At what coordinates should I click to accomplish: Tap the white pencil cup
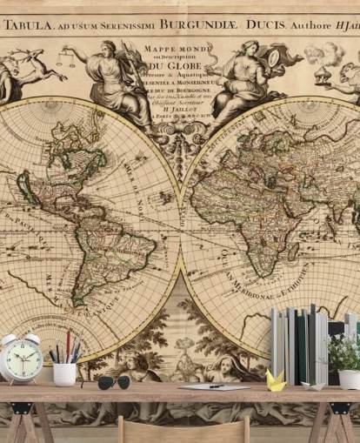(x=64, y=373)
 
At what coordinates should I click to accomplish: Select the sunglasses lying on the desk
(x=113, y=382)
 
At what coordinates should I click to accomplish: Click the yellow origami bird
(x=276, y=379)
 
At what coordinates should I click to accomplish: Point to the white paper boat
(x=313, y=383)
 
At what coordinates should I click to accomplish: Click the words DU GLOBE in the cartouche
(x=174, y=65)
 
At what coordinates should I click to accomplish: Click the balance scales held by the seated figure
(x=64, y=61)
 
